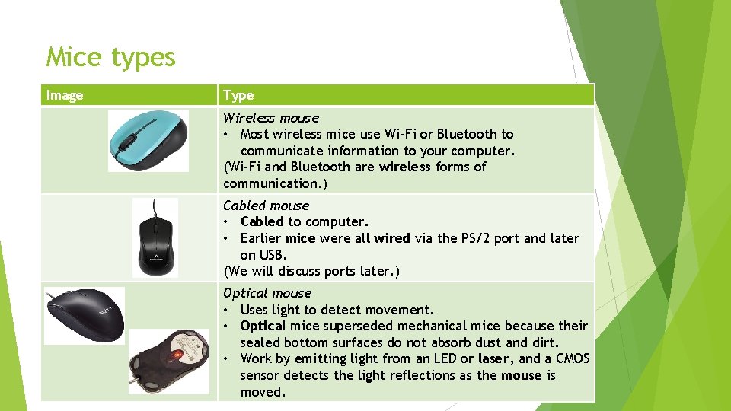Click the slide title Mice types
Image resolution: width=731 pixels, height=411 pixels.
point(110,57)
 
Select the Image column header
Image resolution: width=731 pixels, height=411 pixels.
point(65,95)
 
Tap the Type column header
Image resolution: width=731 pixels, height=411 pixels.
point(238,95)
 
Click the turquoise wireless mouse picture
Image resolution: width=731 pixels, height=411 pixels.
point(148,140)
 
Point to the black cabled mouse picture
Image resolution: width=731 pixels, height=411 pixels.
point(155,238)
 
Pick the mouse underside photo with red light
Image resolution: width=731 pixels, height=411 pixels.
point(168,361)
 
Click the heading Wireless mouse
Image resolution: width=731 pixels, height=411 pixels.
point(270,118)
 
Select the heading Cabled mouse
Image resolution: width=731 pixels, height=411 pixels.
point(266,205)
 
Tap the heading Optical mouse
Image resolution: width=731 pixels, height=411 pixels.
point(267,293)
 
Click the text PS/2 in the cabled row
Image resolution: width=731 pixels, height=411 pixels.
point(478,238)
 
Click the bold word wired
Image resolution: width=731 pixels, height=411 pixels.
point(391,238)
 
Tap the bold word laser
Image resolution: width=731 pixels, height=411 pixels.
point(494,358)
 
